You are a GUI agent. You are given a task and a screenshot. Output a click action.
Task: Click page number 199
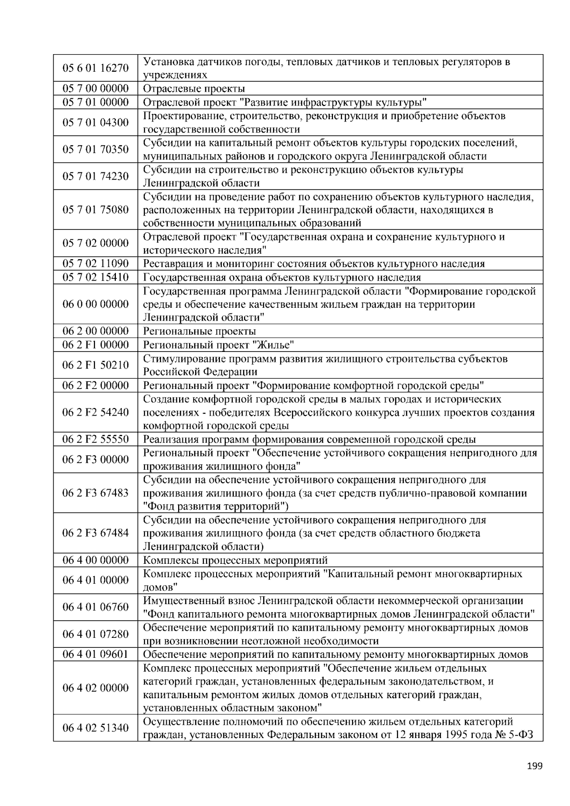(534, 766)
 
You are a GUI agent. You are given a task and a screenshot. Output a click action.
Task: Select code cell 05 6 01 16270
(95, 68)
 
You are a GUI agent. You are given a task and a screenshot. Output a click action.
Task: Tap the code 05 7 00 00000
(95, 88)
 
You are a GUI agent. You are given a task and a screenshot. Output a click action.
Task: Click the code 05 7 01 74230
(95, 176)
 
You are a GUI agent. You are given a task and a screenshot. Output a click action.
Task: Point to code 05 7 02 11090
(95, 264)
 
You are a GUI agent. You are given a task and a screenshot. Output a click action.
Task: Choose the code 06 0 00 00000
(95, 304)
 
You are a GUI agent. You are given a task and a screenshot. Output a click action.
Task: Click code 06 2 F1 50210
(95, 365)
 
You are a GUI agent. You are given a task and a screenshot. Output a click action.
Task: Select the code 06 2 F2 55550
(95, 439)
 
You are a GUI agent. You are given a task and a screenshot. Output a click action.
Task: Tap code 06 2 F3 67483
(95, 493)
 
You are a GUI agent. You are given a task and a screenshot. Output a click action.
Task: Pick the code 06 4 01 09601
(95, 654)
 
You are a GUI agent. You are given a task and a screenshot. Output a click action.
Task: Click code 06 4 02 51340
(95, 728)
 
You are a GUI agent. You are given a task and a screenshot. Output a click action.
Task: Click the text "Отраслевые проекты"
(194, 89)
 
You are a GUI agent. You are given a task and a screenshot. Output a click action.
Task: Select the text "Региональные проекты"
(199, 332)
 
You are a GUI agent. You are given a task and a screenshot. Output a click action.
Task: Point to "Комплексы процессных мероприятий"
(235, 560)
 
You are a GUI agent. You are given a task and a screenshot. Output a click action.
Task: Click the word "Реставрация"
(172, 264)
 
